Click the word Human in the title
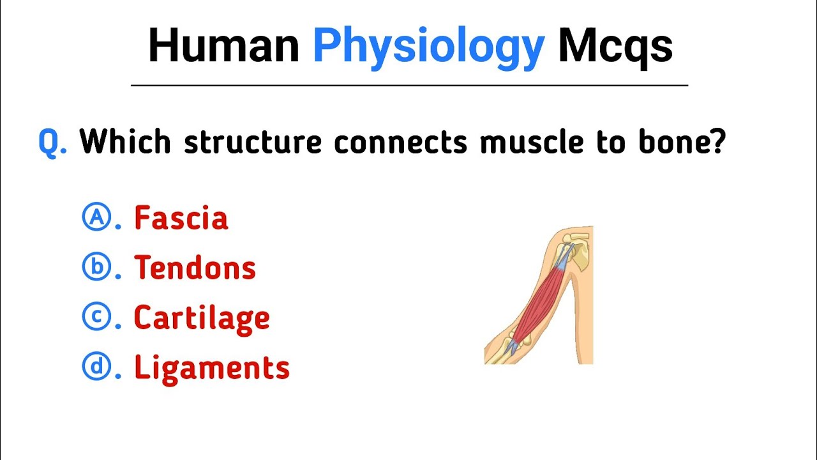(223, 46)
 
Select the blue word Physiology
(428, 47)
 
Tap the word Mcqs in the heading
(615, 47)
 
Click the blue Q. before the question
(52, 141)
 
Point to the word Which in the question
(125, 141)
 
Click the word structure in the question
(253, 142)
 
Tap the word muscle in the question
(532, 141)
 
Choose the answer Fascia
(181, 218)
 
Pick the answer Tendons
(195, 268)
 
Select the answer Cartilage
(202, 318)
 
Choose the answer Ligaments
(212, 368)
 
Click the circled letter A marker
(96, 217)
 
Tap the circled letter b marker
(96, 267)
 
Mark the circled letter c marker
(96, 317)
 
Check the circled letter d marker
(96, 367)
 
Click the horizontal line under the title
(409, 85)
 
